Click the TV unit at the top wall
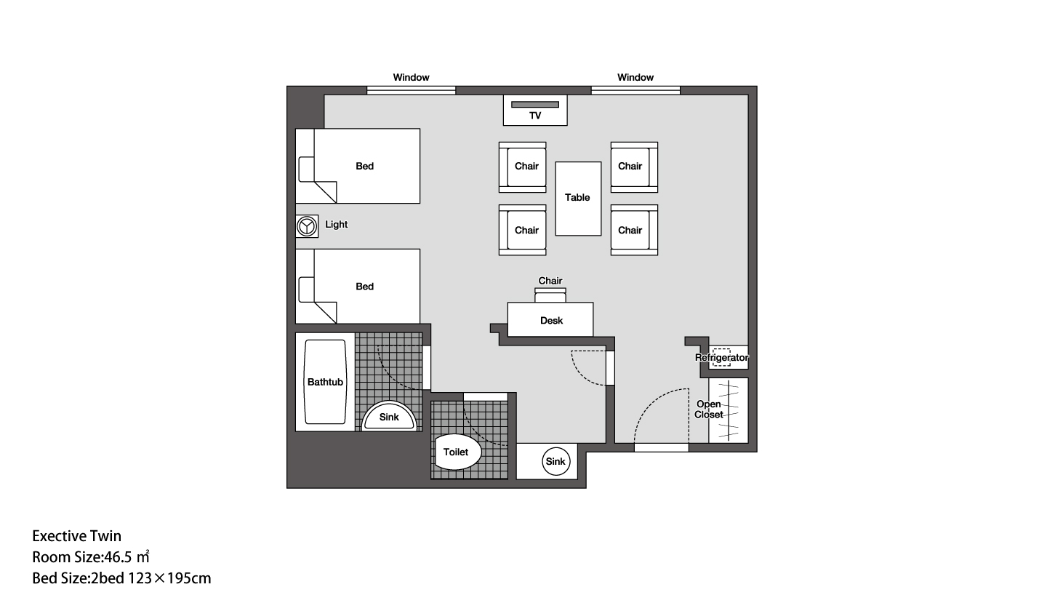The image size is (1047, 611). [x=535, y=111]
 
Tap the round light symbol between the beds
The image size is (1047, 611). [x=307, y=226]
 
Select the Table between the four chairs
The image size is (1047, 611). [x=578, y=199]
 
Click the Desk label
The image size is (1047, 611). [x=551, y=321]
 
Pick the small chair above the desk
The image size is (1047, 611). [x=550, y=295]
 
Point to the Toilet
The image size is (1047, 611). [x=457, y=452]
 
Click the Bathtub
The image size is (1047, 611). [x=325, y=382]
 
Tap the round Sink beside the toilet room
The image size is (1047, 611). [x=555, y=461]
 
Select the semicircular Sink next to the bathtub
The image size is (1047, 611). [x=390, y=416]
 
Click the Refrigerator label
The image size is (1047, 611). [x=721, y=358]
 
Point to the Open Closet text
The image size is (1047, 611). [x=709, y=409]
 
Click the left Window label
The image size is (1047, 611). [x=411, y=77]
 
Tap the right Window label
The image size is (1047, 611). [x=635, y=77]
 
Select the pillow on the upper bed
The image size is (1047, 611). [x=306, y=169]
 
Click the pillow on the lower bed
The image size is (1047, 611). [x=306, y=289]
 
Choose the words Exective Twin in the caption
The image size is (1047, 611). [x=76, y=536]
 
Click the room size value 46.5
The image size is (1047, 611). [x=118, y=557]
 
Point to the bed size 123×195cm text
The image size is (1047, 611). [x=169, y=579]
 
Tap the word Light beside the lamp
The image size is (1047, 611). [x=336, y=224]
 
